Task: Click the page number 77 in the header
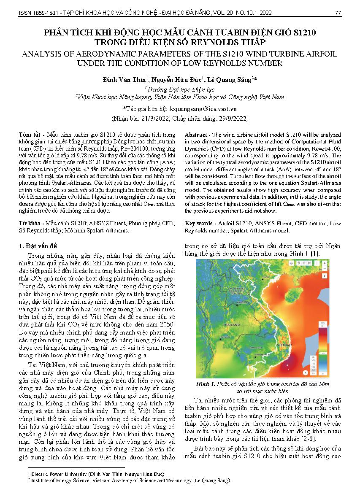coord(338,13)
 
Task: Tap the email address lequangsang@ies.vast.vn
coord(199,108)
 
